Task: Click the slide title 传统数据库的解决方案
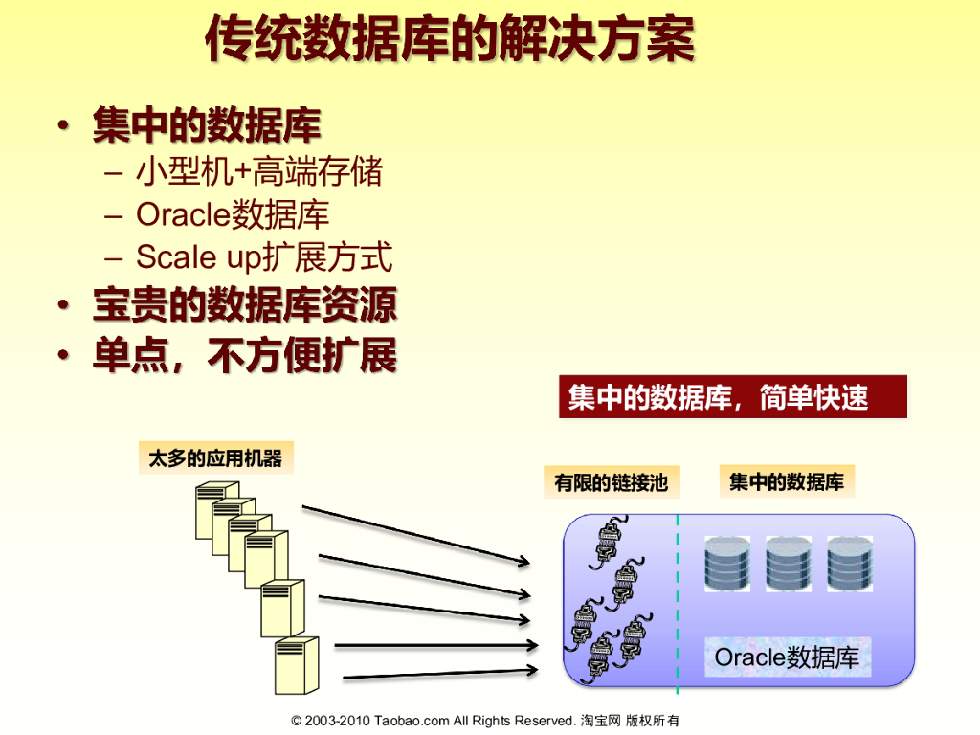(450, 41)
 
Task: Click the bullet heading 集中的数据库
(206, 126)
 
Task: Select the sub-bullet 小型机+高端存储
(258, 172)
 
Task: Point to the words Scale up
(191, 257)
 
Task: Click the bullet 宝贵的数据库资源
(244, 305)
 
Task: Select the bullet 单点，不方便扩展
(244, 356)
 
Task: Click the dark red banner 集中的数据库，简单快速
(732, 397)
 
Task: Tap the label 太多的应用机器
(215, 458)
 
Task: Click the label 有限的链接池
(611, 482)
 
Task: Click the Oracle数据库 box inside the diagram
(788, 657)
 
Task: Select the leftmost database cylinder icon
(727, 564)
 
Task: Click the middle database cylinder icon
(789, 564)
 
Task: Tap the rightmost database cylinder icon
(850, 564)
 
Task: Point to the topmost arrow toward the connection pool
(416, 532)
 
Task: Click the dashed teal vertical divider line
(678, 603)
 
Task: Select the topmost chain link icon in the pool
(609, 539)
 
